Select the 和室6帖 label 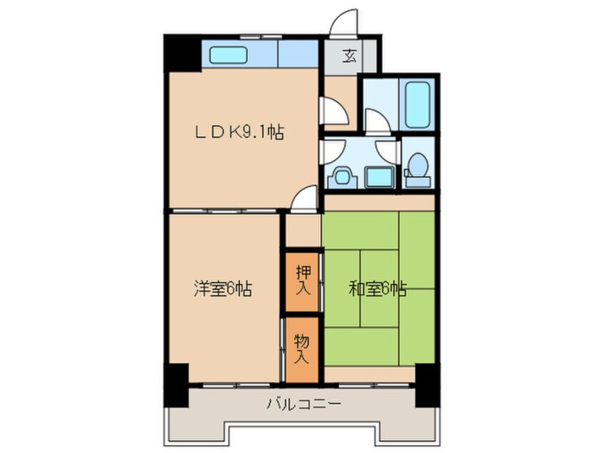(x=378, y=289)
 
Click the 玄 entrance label (x=350, y=56)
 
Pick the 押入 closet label (x=302, y=280)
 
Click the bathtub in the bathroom (x=417, y=104)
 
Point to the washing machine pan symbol (x=341, y=176)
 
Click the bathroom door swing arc (x=378, y=121)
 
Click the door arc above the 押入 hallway (x=306, y=199)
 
